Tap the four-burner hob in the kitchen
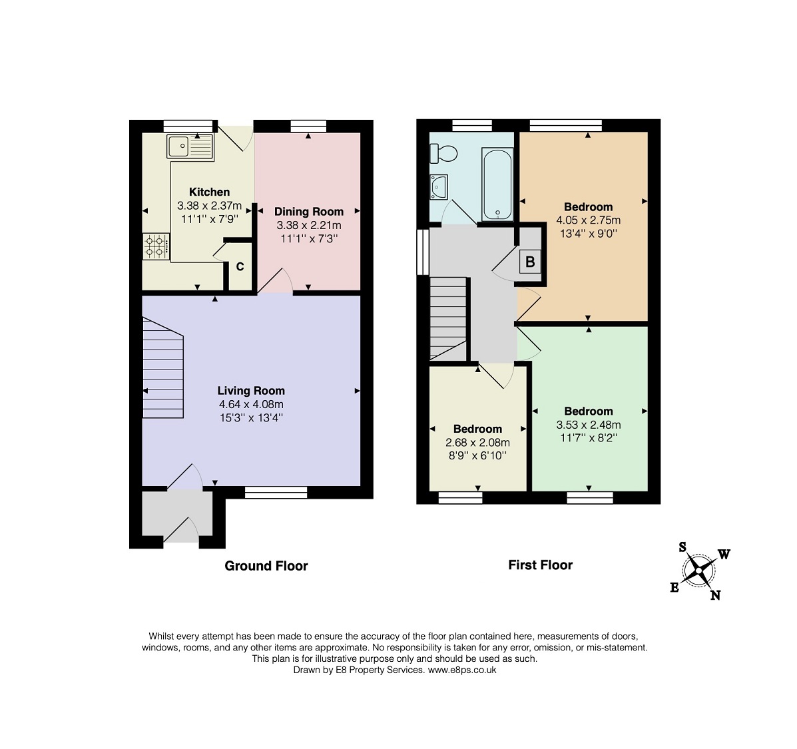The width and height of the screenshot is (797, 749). [x=156, y=246]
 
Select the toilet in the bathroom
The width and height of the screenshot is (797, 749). [x=443, y=153]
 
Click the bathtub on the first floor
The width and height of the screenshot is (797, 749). [x=497, y=184]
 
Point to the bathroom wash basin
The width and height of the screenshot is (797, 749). [x=439, y=186]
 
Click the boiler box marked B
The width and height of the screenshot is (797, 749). [x=530, y=262]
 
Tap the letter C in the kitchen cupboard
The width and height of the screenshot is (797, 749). [x=240, y=267]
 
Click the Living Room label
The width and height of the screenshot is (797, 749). [x=251, y=391]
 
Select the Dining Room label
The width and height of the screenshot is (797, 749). [x=309, y=212]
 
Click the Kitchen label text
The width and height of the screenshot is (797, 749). [x=210, y=192]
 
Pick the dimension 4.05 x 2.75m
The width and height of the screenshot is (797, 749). [x=588, y=220]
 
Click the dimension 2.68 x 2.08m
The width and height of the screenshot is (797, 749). [x=478, y=443]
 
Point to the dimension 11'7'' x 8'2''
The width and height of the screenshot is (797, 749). [x=589, y=438]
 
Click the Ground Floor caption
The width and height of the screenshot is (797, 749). [x=266, y=566]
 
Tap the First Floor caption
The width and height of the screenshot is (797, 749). [x=540, y=565]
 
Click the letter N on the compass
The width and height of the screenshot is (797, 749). [x=715, y=595]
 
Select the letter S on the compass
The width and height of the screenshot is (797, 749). [x=682, y=547]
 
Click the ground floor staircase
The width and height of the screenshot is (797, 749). [x=162, y=368]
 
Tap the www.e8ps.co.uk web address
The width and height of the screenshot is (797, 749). [x=462, y=670]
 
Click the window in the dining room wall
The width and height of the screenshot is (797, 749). [x=308, y=126]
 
